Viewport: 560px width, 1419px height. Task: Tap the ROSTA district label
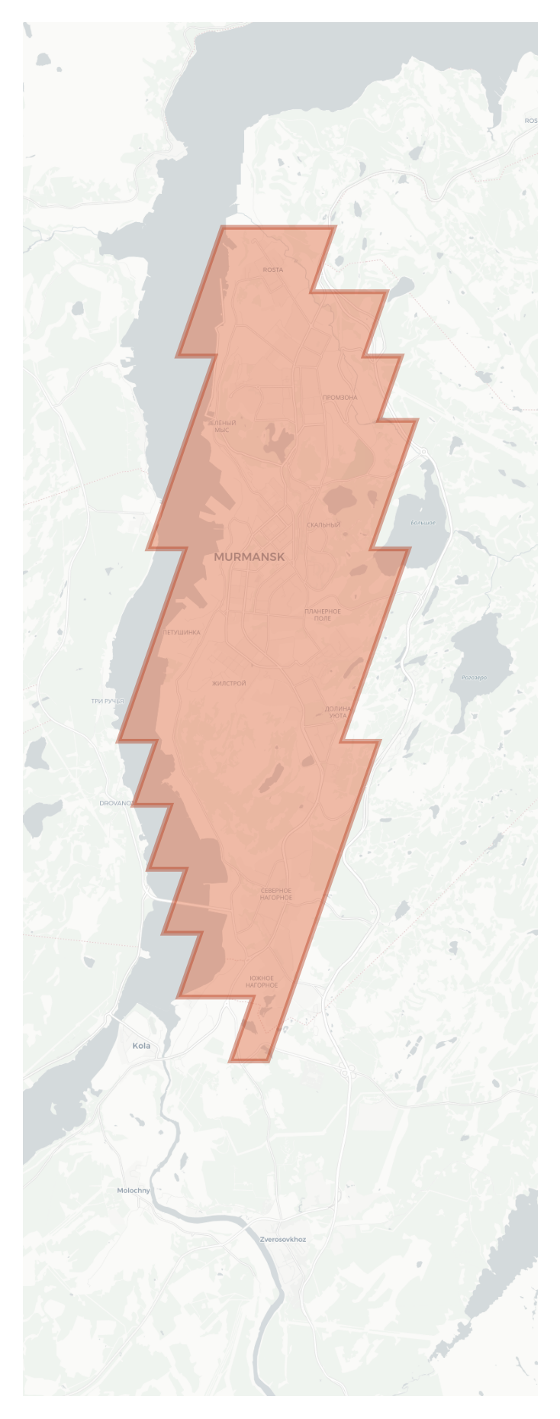(272, 269)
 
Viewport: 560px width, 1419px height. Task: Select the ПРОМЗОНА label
(340, 398)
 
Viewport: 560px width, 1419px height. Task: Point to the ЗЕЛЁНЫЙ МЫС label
(221, 426)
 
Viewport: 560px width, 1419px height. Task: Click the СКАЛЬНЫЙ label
(323, 525)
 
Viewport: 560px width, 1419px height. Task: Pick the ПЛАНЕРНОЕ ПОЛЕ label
(322, 614)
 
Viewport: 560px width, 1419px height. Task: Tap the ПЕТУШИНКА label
(182, 632)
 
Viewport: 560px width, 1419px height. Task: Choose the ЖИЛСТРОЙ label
(229, 684)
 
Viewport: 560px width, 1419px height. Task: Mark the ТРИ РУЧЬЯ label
(108, 701)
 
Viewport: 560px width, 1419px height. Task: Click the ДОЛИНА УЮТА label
(338, 712)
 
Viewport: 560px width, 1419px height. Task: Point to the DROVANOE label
(117, 803)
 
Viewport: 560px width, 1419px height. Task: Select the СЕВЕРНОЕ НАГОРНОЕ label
(275, 894)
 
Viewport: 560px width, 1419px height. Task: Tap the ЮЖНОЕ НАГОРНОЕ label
(262, 982)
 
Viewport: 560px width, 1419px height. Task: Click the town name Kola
(141, 1046)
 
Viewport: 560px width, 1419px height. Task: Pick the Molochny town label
(134, 1190)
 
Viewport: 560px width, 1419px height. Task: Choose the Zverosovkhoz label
(282, 1239)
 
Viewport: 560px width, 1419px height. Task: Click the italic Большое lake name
(423, 523)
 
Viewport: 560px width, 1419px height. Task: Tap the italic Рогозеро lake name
(475, 677)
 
